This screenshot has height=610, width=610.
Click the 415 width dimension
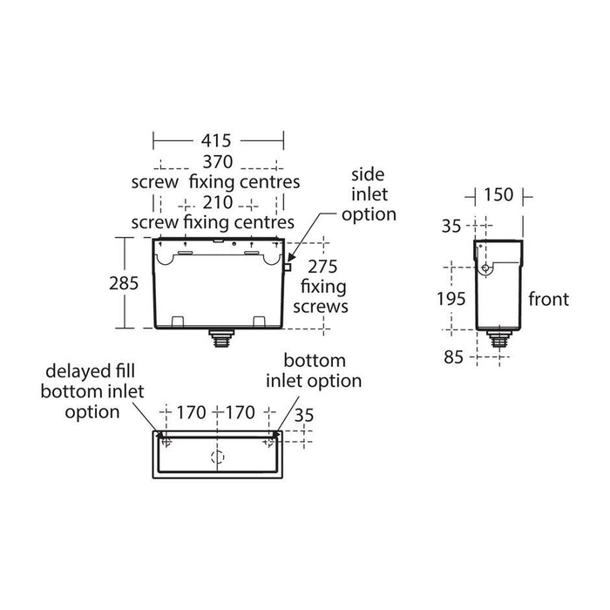pyautogui.click(x=217, y=139)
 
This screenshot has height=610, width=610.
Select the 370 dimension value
pyautogui.click(x=217, y=161)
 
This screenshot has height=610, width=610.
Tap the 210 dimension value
pyautogui.click(x=217, y=202)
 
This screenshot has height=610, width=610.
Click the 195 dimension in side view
pyautogui.click(x=451, y=298)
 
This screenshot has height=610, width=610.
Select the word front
pyautogui.click(x=548, y=300)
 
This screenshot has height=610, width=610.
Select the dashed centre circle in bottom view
pyautogui.click(x=218, y=456)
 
